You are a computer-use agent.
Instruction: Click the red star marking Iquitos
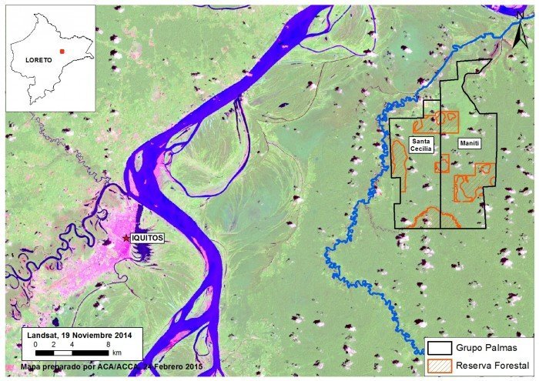(126, 239)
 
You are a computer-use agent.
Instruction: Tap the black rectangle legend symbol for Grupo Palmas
(440, 347)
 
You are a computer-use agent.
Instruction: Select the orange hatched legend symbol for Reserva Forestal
(440, 364)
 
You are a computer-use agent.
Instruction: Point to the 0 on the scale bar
(35, 344)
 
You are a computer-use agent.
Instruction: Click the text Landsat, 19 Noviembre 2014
(79, 335)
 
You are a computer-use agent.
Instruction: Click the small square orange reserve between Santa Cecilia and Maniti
(442, 163)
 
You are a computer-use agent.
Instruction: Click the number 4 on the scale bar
(72, 344)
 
